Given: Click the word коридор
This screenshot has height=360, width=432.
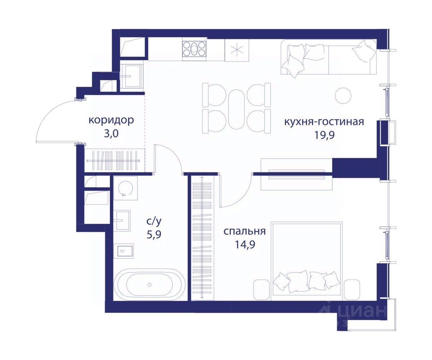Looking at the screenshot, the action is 111,120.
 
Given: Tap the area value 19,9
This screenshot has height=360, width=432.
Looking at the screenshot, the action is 324,136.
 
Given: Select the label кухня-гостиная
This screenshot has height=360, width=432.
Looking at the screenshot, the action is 324,122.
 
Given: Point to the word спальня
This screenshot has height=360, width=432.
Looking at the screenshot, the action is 244,231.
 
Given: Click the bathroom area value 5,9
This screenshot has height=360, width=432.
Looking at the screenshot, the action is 154,235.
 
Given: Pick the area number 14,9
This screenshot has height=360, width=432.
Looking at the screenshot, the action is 245,244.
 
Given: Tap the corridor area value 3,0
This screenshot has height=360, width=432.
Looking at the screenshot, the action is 111,134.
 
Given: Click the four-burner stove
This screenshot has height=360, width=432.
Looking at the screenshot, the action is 194,49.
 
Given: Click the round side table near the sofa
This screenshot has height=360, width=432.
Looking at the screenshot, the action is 343,95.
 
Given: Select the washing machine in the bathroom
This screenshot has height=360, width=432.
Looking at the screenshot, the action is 125,188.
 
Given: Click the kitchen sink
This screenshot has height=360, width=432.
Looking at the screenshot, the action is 131,76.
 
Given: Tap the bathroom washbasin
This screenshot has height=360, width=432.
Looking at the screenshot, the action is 123,221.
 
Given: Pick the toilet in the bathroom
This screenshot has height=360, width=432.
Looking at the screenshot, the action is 125,251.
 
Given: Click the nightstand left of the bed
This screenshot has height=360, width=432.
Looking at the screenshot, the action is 261,289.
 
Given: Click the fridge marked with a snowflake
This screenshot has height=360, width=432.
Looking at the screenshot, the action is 237,50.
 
